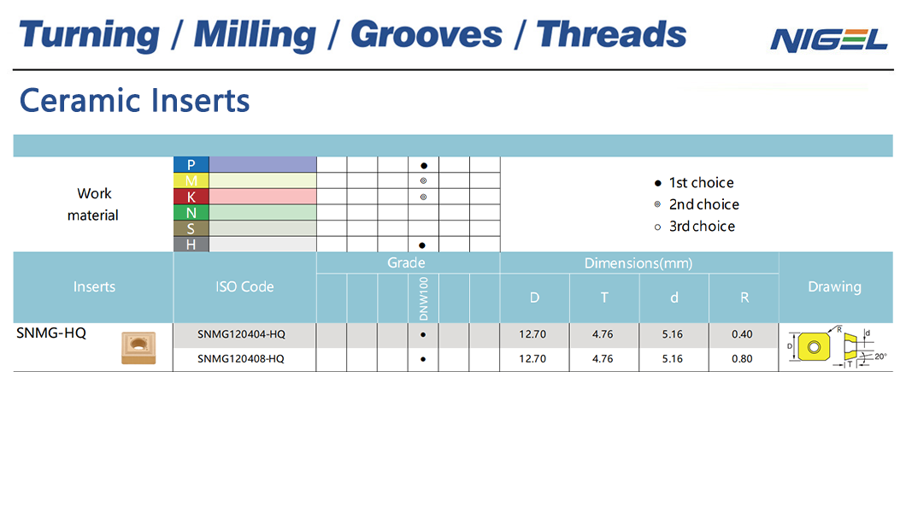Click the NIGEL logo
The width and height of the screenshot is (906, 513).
828,40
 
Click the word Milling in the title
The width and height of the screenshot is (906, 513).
255,35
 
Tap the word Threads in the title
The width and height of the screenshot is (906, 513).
611,34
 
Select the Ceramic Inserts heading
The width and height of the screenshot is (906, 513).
135,101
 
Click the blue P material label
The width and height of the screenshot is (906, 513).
191,165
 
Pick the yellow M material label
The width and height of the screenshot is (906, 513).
191,180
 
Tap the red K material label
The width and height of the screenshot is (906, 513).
191,197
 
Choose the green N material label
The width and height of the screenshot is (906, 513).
191,213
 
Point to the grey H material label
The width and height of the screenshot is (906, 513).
191,245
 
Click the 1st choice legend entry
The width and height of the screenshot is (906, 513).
694,183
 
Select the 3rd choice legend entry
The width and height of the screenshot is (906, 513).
695,227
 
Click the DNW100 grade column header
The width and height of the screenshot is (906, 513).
424,298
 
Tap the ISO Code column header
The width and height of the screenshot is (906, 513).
244,286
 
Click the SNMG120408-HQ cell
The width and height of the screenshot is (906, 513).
241,359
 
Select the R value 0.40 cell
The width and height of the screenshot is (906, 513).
742,334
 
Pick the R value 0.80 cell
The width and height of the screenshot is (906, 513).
742,359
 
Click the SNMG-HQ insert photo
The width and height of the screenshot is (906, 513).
138,348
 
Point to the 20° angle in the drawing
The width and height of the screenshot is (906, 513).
880,357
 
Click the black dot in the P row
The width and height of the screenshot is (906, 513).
424,166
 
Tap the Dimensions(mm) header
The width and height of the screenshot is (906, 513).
638,263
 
